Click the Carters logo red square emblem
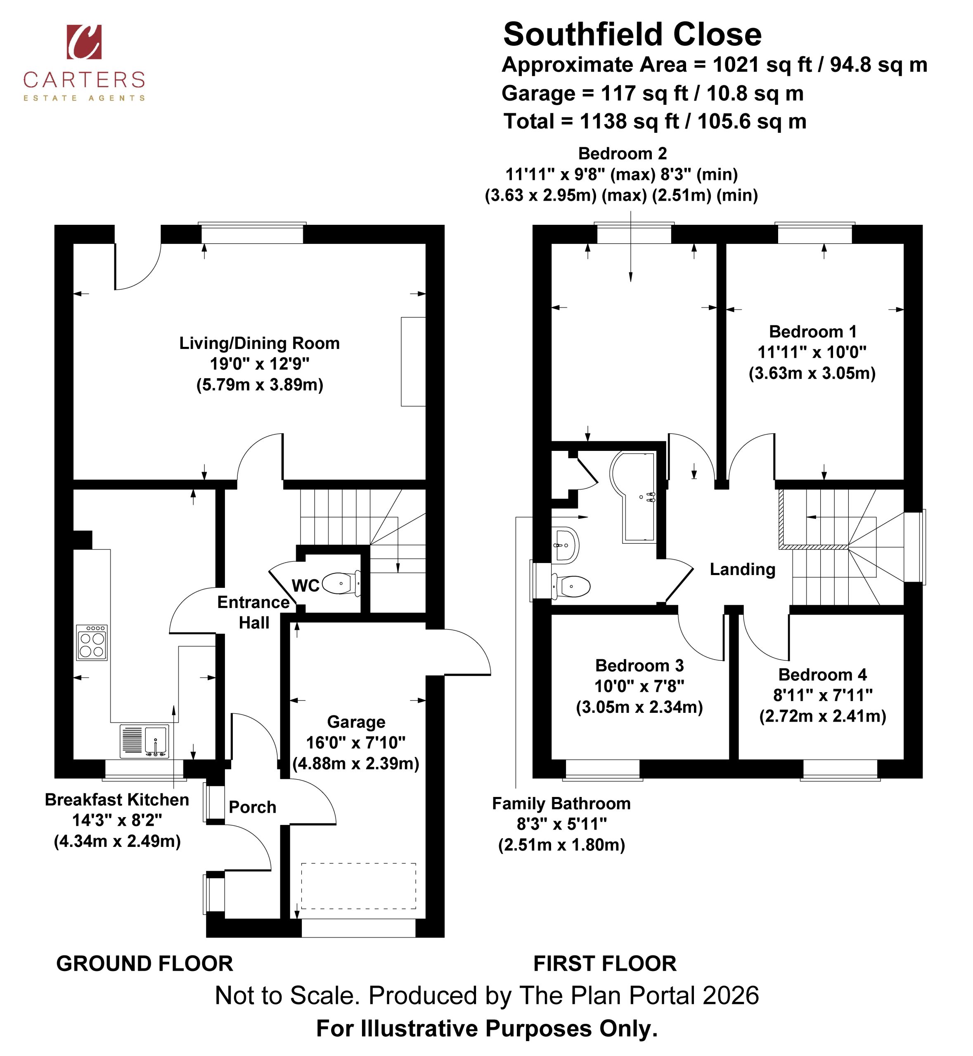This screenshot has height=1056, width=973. [x=84, y=42]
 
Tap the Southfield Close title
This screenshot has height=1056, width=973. [x=632, y=35]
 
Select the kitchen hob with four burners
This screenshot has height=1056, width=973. [x=92, y=642]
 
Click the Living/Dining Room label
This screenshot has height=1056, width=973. [x=260, y=344]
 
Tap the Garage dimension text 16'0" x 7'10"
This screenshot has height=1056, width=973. [x=356, y=742]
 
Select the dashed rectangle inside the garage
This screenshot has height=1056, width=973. [x=359, y=886]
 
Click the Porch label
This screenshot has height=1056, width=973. [x=252, y=807]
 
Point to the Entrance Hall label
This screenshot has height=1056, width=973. [x=254, y=613]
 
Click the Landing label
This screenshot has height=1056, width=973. [x=742, y=569]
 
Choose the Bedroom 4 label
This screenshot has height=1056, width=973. [x=822, y=674]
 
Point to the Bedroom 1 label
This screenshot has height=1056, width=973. [x=812, y=332]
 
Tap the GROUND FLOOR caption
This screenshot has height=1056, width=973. [x=145, y=964]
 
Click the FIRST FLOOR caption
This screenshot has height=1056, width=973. [x=605, y=964]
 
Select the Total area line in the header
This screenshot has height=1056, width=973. [x=655, y=122]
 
